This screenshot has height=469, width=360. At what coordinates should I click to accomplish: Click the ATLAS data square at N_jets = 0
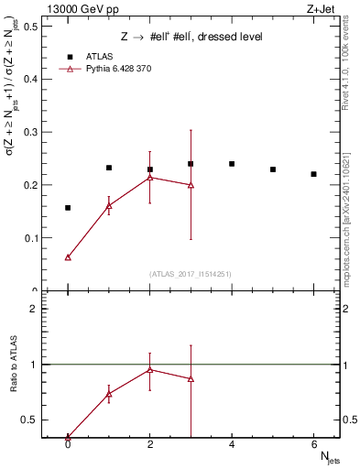pyautogui.click(x=68, y=208)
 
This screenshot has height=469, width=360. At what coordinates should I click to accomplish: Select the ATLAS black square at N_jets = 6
pyautogui.click(x=313, y=174)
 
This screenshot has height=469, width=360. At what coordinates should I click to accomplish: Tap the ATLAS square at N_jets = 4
pyautogui.click(x=232, y=164)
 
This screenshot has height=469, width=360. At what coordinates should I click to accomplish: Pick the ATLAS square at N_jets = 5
pyautogui.click(x=273, y=169)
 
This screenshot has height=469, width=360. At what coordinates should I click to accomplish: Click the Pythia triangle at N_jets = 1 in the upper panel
pyautogui.click(x=109, y=206)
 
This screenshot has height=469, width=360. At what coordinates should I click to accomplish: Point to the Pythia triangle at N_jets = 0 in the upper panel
pyautogui.click(x=68, y=257)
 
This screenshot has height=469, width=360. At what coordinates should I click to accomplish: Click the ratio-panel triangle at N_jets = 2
pyautogui.click(x=149, y=369)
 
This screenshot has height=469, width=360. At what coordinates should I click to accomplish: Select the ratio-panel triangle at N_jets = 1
pyautogui.click(x=109, y=394)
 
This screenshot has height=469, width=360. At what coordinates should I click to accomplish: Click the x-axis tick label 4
pyautogui.click(x=232, y=445)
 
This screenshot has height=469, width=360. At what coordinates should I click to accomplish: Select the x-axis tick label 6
pyautogui.click(x=313, y=445)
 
